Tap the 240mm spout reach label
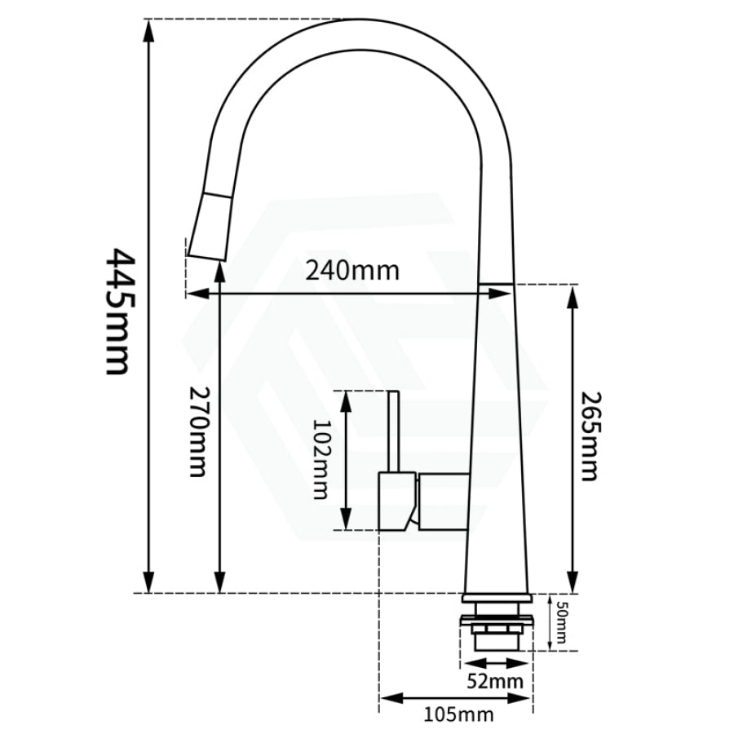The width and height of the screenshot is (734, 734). pos(352,269)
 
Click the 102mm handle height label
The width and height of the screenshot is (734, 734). pos(321,459)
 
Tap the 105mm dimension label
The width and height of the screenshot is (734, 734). pos(458,715)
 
